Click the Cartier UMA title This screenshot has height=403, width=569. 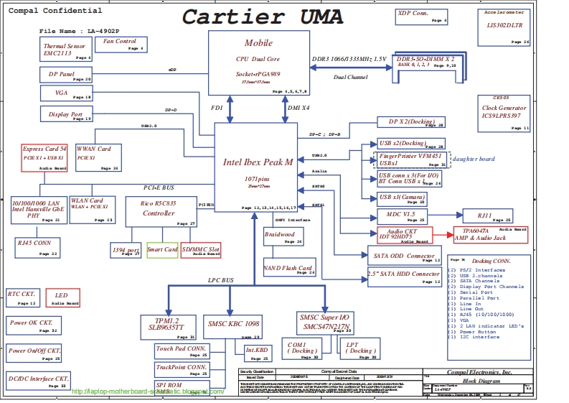261,17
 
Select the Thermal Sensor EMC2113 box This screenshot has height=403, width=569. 66,50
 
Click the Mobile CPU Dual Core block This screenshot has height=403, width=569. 258,64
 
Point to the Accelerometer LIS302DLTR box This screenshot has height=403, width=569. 504,28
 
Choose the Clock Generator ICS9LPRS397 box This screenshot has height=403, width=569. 504,112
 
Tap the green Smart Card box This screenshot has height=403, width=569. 162,249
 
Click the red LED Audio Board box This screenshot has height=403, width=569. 62,298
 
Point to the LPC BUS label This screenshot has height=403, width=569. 221,279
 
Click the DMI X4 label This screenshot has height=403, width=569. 298,108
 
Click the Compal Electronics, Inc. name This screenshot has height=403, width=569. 479,372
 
